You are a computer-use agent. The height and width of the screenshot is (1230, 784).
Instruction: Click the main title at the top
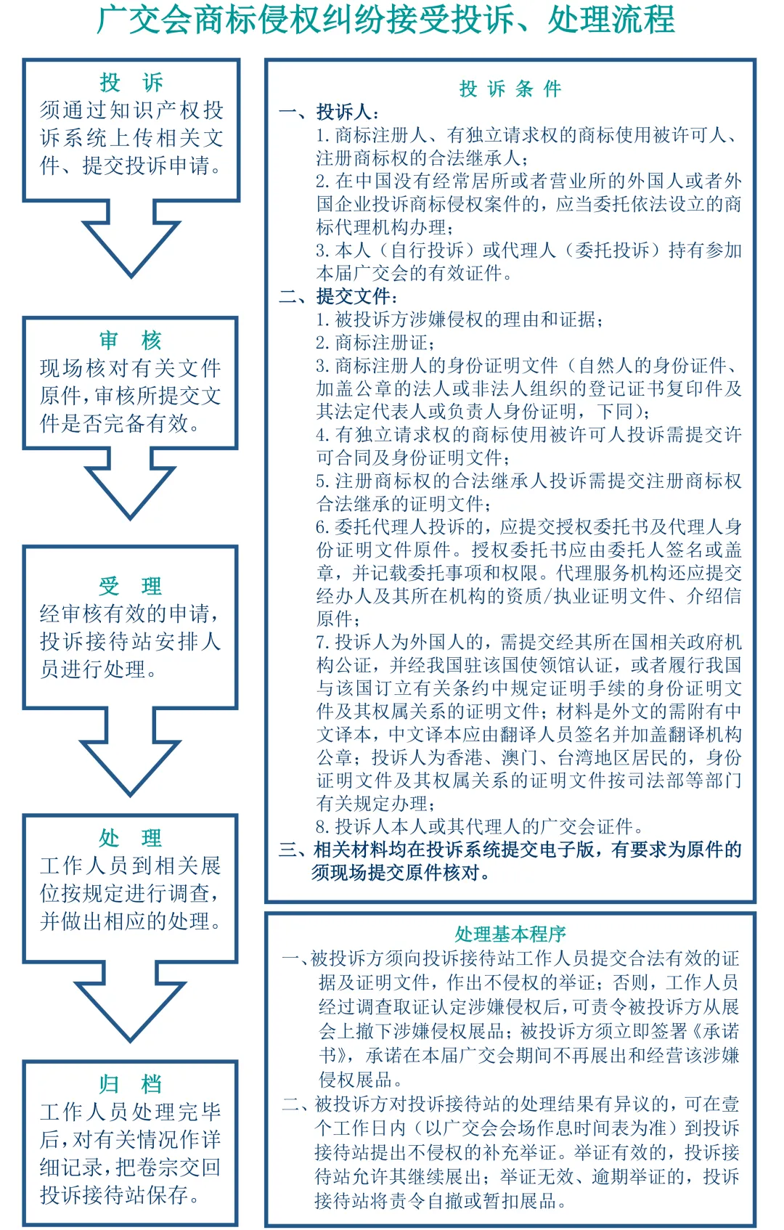pyautogui.click(x=385, y=20)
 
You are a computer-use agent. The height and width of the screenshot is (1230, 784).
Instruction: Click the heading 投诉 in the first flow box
pyautogui.click(x=131, y=82)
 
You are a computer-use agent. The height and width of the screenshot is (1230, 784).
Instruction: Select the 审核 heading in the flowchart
pyautogui.click(x=131, y=340)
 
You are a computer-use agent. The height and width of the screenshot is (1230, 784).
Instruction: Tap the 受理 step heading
pyautogui.click(x=131, y=585)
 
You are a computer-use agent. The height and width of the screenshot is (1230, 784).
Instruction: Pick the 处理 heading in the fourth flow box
pyautogui.click(x=131, y=838)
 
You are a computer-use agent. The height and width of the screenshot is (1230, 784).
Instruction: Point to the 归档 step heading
pyautogui.click(x=131, y=1084)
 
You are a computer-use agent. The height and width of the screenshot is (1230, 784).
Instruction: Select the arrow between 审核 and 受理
pyautogui.click(x=131, y=483)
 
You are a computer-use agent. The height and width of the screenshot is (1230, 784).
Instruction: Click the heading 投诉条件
pyautogui.click(x=510, y=89)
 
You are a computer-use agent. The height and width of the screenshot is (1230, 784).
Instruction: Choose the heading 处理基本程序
pyautogui.click(x=510, y=934)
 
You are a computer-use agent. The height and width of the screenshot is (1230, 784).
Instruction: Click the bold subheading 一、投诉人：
pyautogui.click(x=330, y=113)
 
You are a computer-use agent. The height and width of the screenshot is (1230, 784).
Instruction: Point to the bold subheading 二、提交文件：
pyautogui.click(x=338, y=296)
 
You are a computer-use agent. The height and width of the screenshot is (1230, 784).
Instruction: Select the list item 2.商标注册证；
pyautogui.click(x=375, y=343)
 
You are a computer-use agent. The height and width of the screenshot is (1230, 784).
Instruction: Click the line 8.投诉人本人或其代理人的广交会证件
pyautogui.click(x=479, y=826)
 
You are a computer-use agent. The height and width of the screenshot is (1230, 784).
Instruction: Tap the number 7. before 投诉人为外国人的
pyautogui.click(x=323, y=643)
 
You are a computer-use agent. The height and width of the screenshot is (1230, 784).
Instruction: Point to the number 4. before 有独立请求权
pyautogui.click(x=323, y=435)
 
